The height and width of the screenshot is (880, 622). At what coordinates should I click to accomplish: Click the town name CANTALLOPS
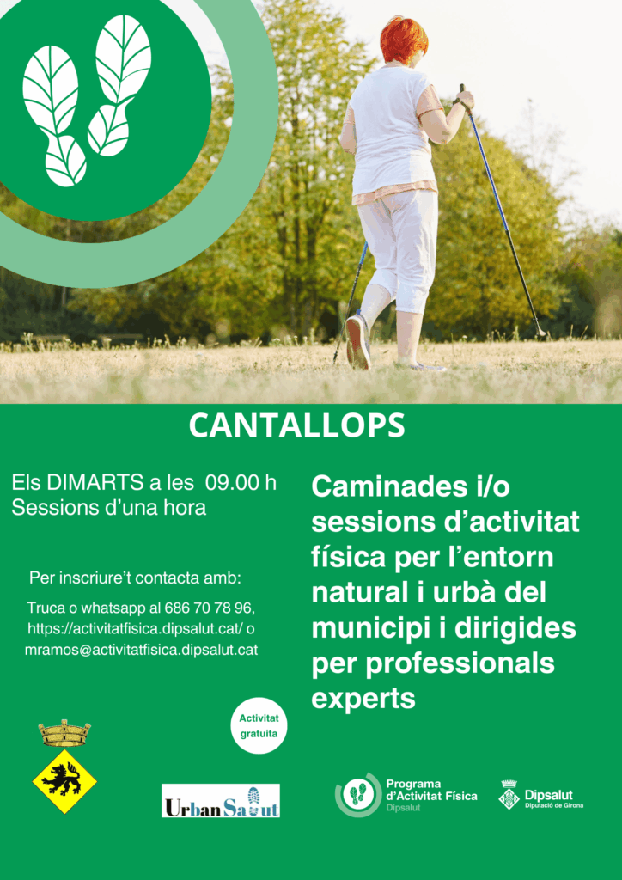tap(296, 426)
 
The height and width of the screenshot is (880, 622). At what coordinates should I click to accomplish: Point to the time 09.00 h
tap(241, 483)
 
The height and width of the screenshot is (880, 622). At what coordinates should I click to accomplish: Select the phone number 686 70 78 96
tap(210, 608)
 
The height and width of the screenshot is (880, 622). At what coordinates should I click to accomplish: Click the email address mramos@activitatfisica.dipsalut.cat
tap(142, 650)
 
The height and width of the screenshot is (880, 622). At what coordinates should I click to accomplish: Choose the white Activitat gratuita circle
tap(259, 725)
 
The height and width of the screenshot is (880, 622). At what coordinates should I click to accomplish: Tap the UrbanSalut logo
tap(221, 800)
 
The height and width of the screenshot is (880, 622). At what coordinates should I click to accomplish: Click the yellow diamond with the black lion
tap(64, 781)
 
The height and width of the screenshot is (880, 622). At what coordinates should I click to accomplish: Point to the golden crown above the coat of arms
tap(64, 732)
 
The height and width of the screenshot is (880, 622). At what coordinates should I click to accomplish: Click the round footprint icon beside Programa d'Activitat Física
tap(357, 795)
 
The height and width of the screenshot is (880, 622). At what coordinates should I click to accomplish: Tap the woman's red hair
tap(404, 40)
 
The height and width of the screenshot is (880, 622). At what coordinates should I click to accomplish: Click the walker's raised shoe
tap(358, 341)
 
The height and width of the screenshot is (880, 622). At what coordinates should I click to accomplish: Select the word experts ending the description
tap(363, 700)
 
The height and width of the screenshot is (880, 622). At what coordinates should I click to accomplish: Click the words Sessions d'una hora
tap(109, 508)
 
